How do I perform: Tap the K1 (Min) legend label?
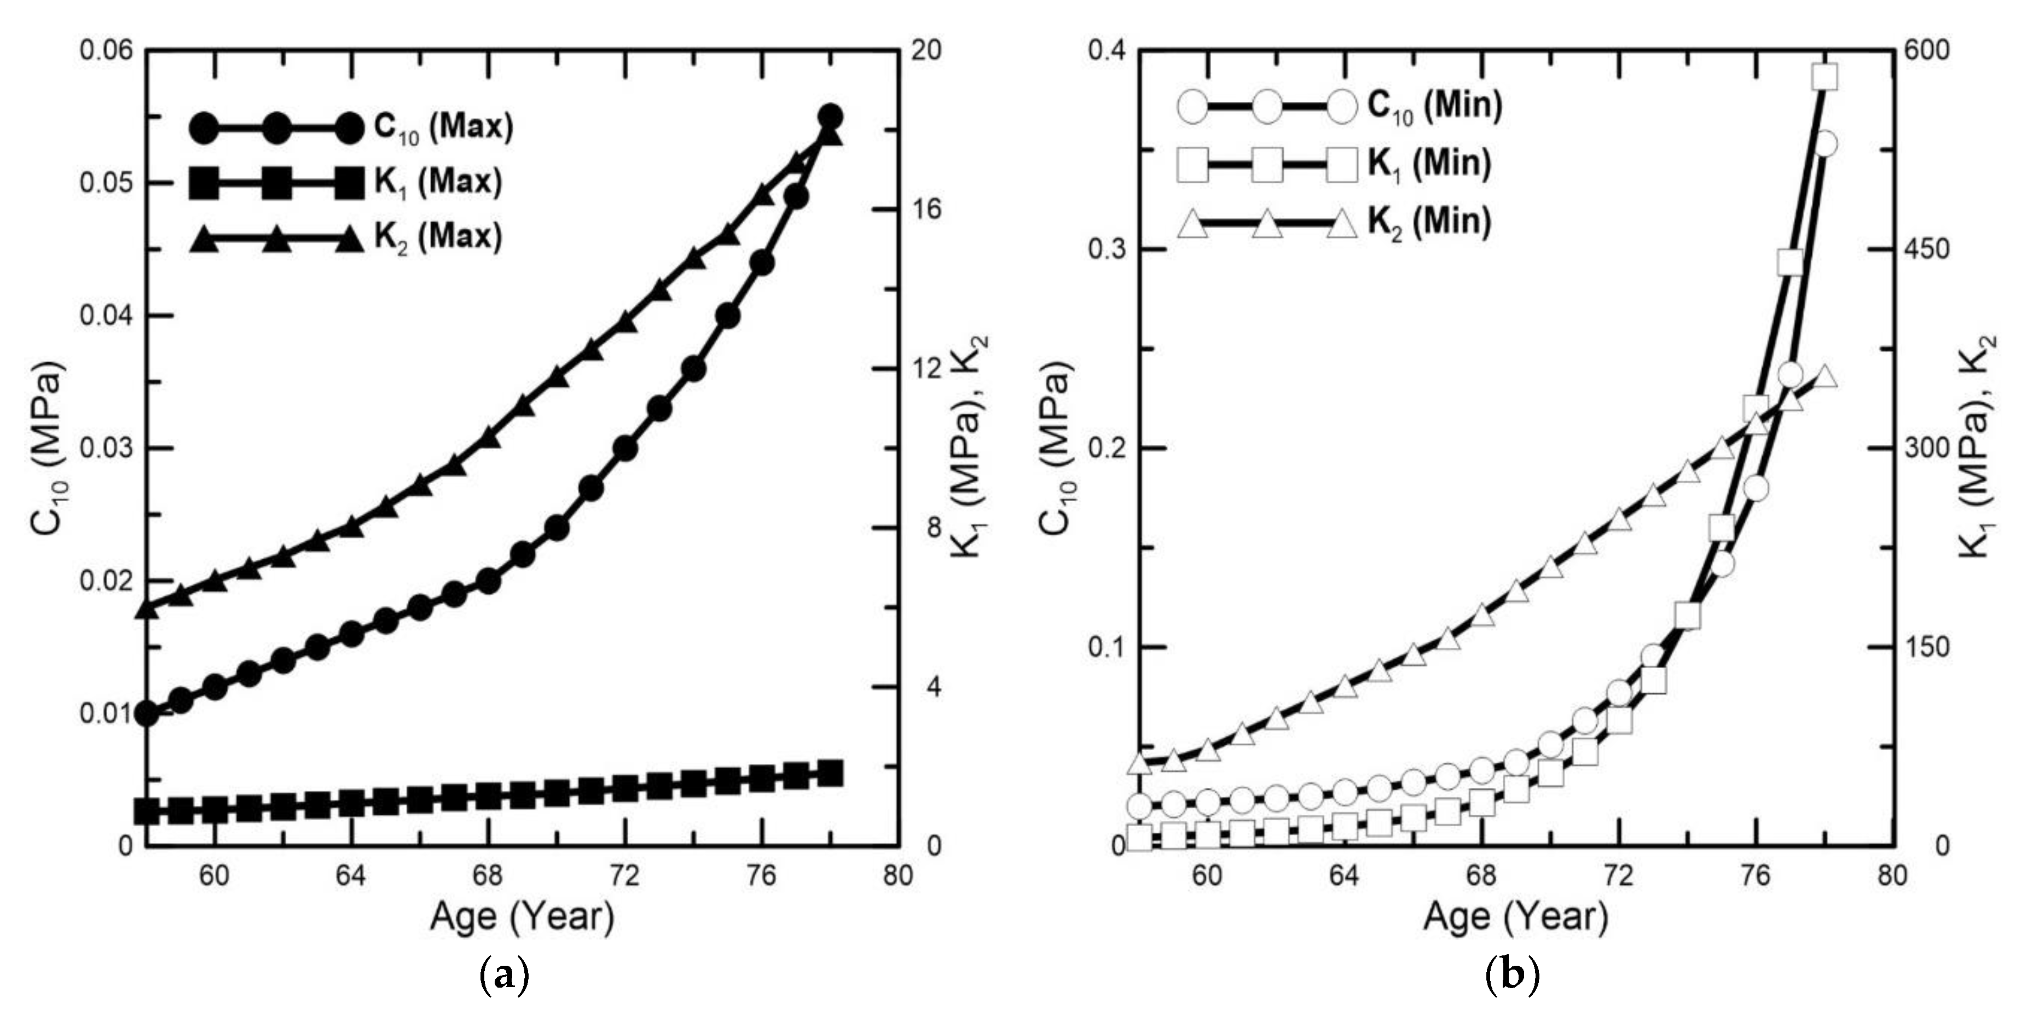(1429, 164)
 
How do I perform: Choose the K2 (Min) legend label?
(1429, 222)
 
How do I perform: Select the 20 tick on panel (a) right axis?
(925, 50)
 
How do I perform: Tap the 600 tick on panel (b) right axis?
(1926, 50)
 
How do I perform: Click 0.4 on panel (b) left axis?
(1107, 50)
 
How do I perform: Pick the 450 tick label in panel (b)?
(1926, 250)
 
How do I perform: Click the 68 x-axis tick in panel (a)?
(488, 874)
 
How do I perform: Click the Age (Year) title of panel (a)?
(522, 917)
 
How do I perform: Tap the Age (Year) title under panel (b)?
(1515, 917)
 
